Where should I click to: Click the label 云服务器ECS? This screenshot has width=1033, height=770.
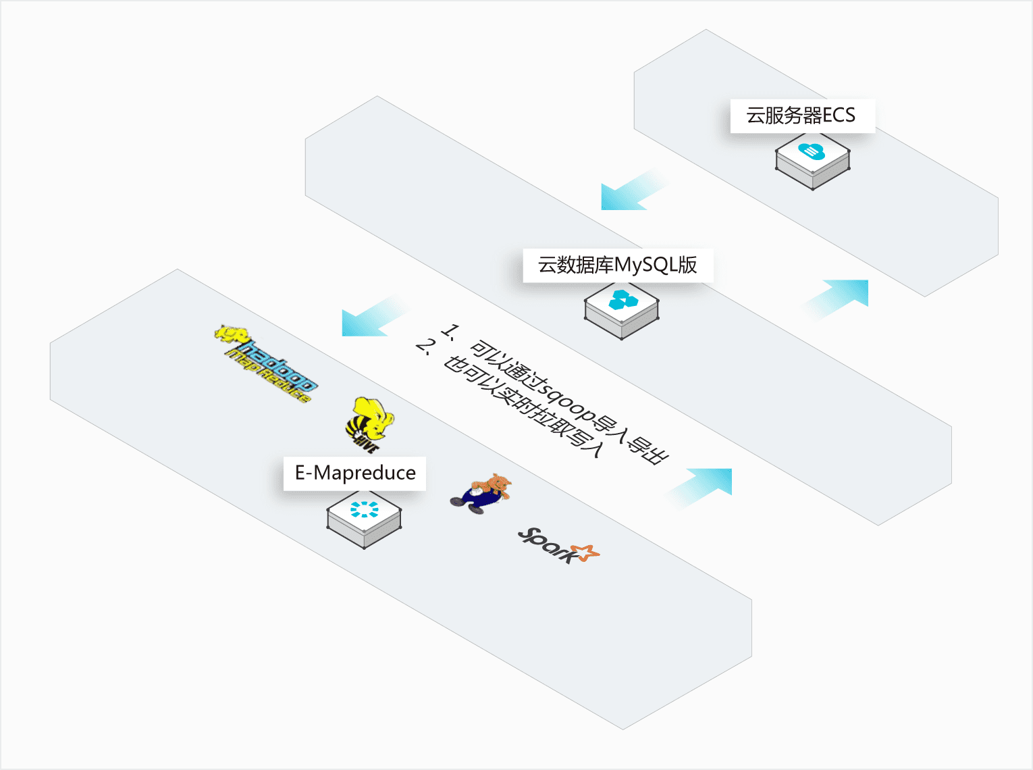point(801,115)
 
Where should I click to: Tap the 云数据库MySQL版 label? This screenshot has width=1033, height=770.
point(617,265)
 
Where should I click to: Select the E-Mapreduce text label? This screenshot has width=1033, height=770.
point(355,473)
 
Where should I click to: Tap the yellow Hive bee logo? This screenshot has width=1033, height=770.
point(368,424)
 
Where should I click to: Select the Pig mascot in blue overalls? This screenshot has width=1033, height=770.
point(481,493)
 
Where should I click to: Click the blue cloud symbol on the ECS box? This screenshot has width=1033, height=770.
point(812,151)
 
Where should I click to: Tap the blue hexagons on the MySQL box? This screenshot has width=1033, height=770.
point(623,299)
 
